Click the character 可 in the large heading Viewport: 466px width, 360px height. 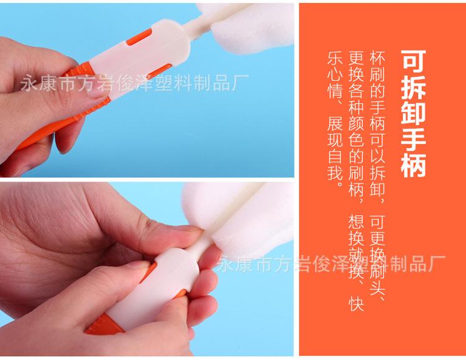(x=414, y=62)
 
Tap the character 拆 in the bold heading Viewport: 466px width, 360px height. (x=414, y=87)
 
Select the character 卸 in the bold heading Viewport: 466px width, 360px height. (x=414, y=113)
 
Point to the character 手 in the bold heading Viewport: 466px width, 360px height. (x=414, y=139)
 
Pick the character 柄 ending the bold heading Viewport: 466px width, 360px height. (x=414, y=165)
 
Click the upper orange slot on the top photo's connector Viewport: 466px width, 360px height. (x=139, y=38)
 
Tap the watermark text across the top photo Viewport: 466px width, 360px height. (x=134, y=83)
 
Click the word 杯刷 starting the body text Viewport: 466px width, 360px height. (x=377, y=67)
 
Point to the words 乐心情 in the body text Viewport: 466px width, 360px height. (x=335, y=75)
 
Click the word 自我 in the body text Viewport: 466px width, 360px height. (x=335, y=164)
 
